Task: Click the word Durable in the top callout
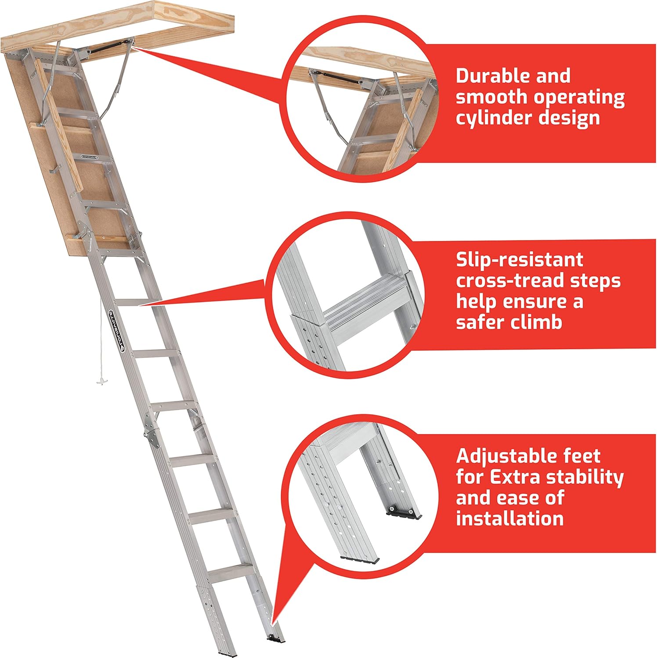coord(486,76)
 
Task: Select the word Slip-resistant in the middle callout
coord(519,260)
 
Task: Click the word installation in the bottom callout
coord(509,519)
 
